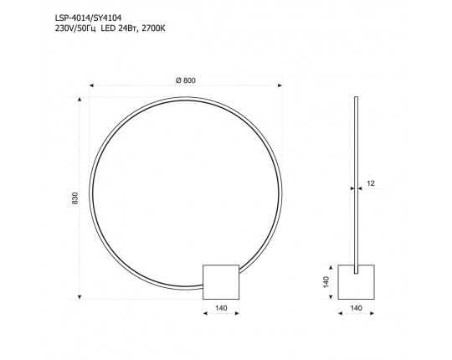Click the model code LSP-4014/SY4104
[88, 18]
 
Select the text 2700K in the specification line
[154, 28]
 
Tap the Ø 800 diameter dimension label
[186, 80]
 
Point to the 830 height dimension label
[75, 198]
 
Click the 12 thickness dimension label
[371, 183]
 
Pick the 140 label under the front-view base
[221, 308]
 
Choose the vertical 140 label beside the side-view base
[326, 282]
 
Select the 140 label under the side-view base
[356, 308]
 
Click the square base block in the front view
[221, 282]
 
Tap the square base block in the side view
[357, 282]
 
